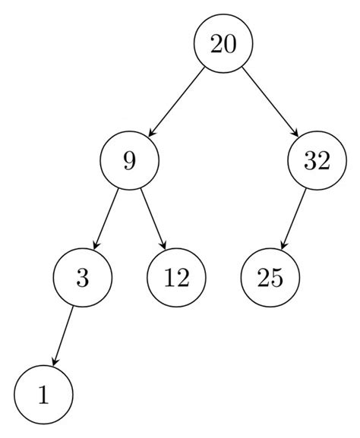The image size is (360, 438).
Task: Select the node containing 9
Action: (x=129, y=161)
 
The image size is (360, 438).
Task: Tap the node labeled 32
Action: (x=317, y=161)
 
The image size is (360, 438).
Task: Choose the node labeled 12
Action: (x=175, y=278)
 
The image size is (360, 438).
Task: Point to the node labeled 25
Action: (x=270, y=278)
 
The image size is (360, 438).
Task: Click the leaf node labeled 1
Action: (x=43, y=395)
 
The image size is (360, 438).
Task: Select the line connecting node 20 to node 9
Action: (x=176, y=102)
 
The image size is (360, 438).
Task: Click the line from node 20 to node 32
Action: (x=270, y=102)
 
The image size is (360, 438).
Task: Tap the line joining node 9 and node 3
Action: (x=106, y=219)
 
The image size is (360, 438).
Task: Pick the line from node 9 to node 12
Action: (x=153, y=219)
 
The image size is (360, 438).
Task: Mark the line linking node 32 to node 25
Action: (x=294, y=219)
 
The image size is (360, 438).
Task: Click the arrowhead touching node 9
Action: (x=153, y=133)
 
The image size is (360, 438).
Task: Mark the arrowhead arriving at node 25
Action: (x=282, y=247)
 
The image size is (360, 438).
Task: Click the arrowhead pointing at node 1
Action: (x=53, y=364)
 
